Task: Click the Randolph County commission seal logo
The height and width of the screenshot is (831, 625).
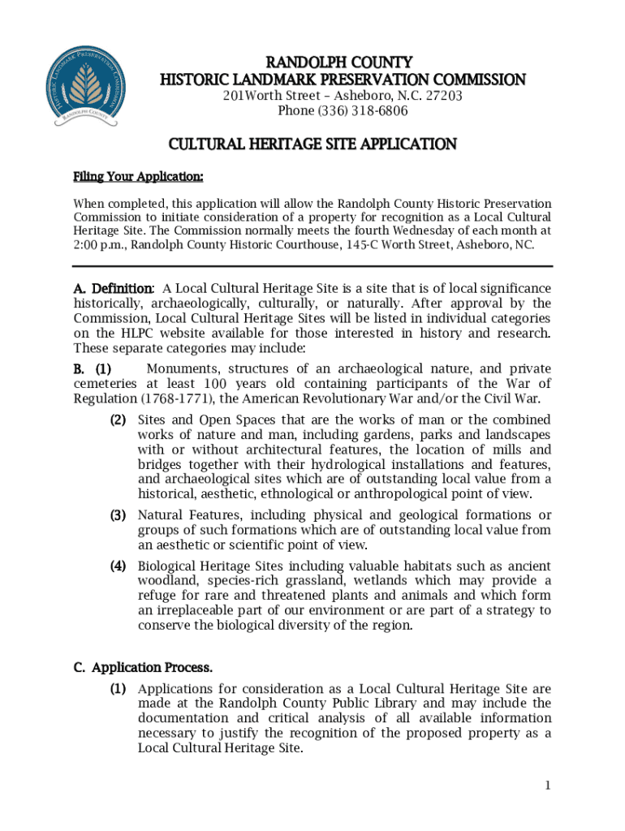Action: point(88,86)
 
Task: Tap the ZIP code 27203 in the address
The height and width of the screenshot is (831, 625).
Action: point(443,96)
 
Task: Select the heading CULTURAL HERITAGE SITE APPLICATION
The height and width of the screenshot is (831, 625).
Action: point(312,144)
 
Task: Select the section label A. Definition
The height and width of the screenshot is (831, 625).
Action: point(113,289)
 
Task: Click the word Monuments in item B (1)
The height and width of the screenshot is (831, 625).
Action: point(181,368)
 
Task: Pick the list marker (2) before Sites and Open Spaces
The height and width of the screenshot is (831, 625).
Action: point(119,420)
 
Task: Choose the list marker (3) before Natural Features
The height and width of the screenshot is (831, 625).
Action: point(119,515)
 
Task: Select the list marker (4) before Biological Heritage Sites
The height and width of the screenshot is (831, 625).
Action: point(119,566)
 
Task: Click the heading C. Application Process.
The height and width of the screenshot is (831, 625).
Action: point(143,668)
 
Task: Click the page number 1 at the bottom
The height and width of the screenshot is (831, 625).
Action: point(548,785)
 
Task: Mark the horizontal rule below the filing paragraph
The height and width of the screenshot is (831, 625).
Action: point(312,266)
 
